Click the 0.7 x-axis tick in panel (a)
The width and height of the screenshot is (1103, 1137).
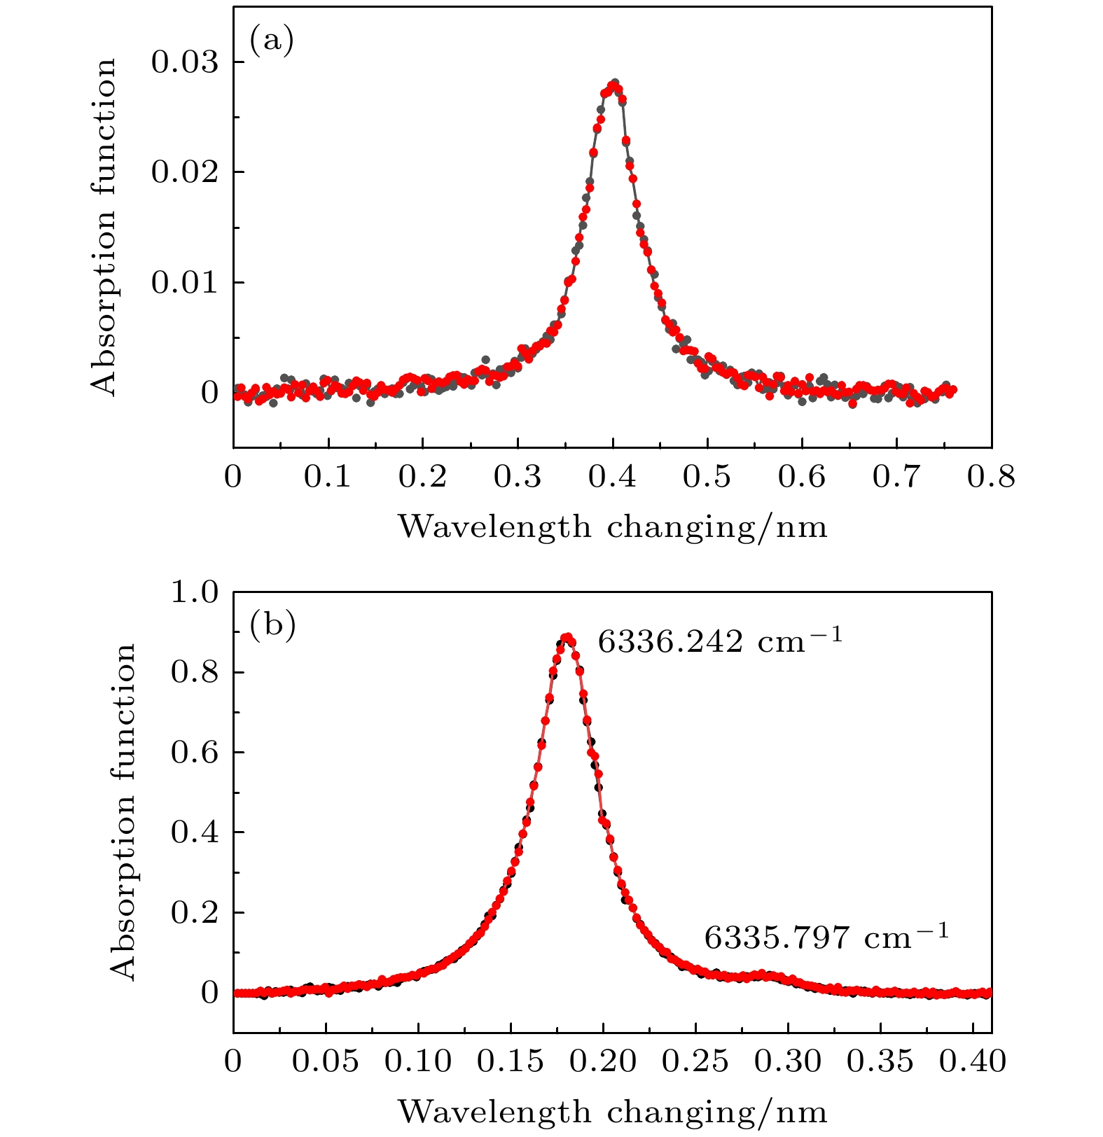pos(896,477)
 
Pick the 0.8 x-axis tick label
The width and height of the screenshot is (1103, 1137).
pos(990,477)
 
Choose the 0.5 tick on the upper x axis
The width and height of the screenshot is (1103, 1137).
pos(707,477)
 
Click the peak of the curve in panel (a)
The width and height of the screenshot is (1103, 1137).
pos(614,84)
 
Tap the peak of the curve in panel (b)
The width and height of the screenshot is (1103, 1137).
pos(567,637)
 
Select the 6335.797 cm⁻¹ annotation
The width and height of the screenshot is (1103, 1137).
pos(826,937)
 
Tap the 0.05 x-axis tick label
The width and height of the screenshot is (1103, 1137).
pos(325,1061)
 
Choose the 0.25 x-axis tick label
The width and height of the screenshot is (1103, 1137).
pos(695,1061)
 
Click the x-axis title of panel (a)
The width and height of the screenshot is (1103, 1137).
pos(613,526)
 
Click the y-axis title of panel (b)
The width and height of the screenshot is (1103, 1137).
pos(123,812)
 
